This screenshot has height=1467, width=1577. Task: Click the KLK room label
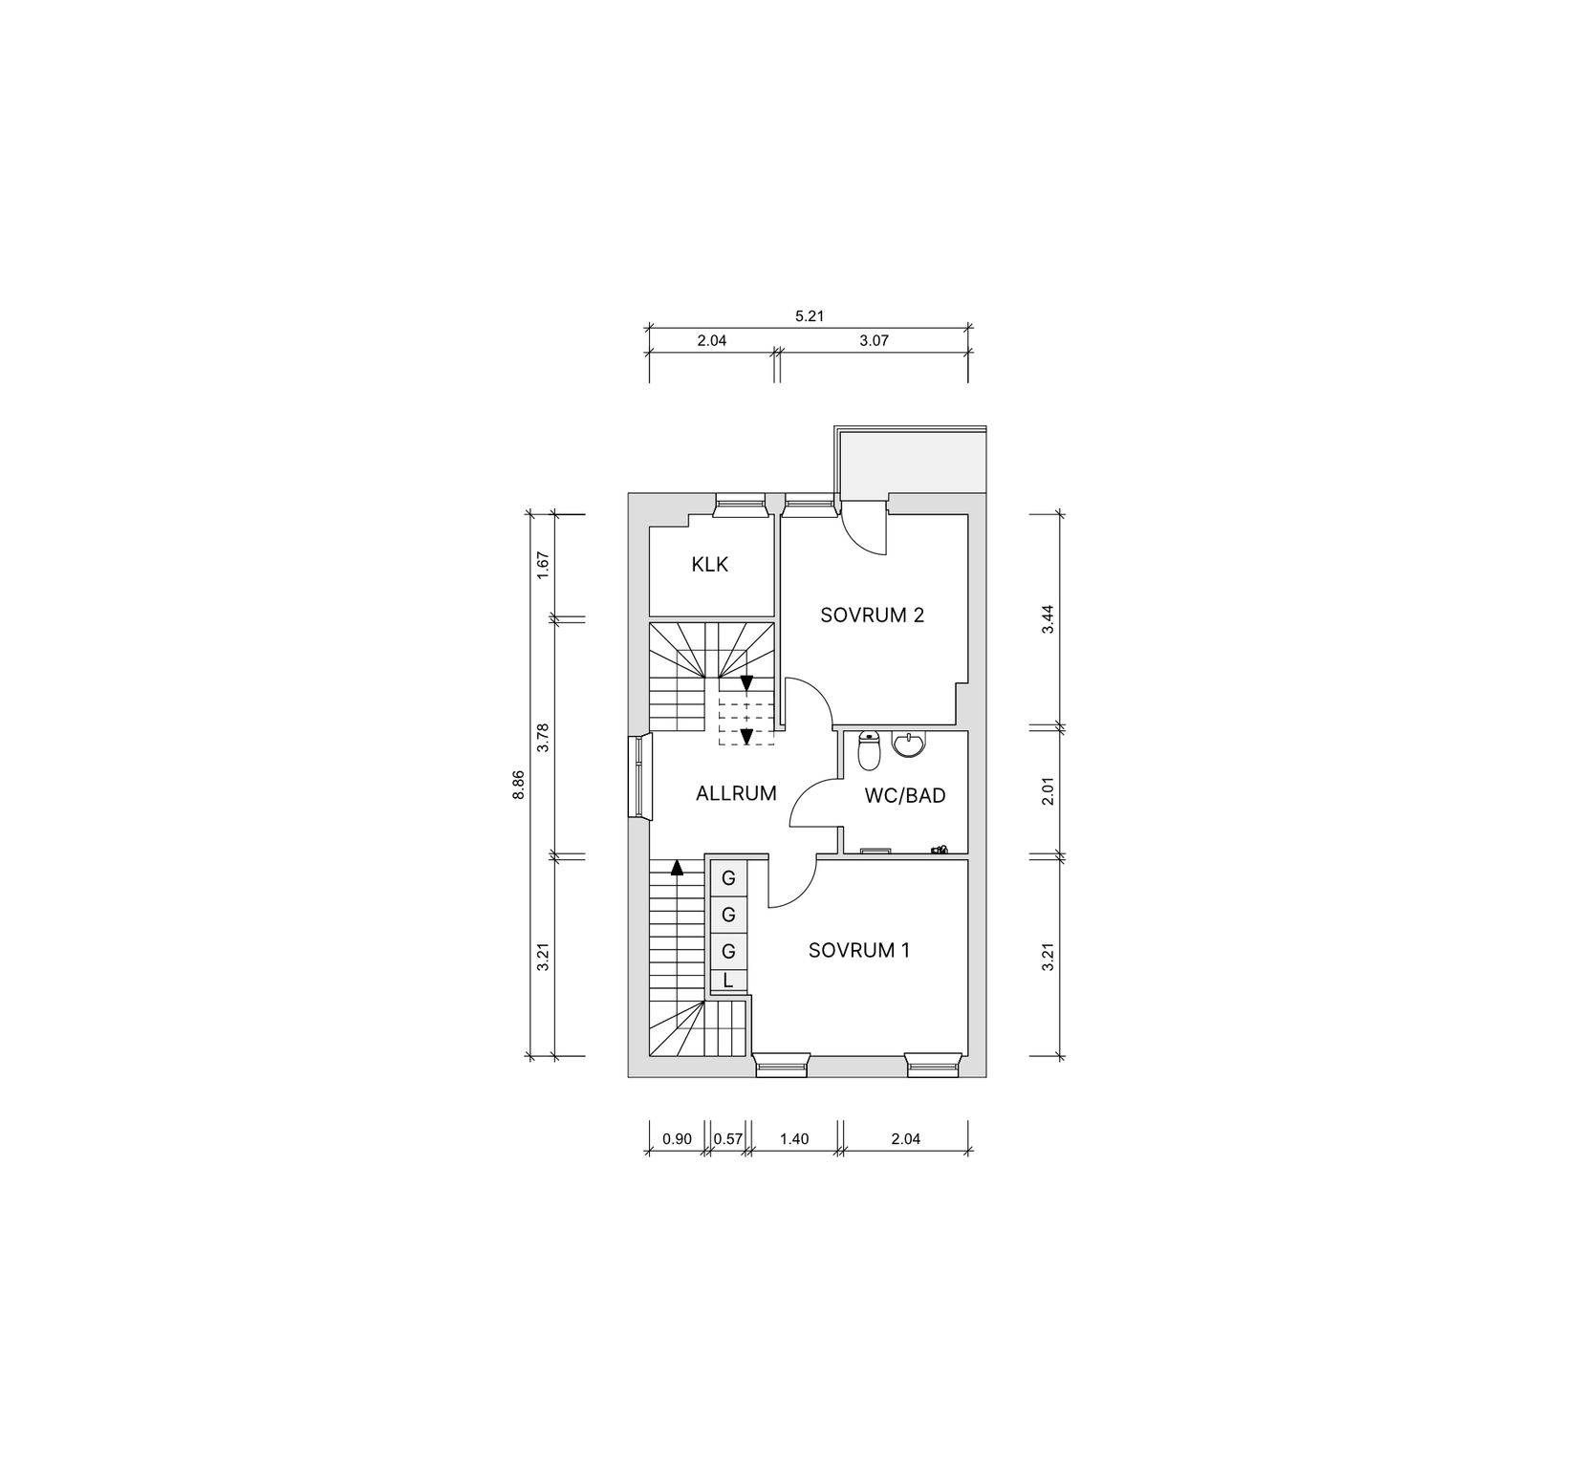coord(709,565)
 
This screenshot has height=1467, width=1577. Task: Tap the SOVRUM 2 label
coord(872,615)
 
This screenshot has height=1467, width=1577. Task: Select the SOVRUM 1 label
coord(858,950)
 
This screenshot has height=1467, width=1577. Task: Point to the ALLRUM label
coord(736,793)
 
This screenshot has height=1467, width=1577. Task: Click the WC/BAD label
coord(904,794)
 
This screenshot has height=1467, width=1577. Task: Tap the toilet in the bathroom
coord(869,752)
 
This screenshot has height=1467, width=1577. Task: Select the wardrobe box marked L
coord(728,980)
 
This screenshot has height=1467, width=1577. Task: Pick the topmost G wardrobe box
coord(728,878)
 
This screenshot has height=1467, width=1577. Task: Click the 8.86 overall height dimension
coord(518,784)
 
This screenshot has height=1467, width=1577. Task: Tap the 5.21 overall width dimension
coord(809,314)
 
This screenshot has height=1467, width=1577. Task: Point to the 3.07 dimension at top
coord(874,339)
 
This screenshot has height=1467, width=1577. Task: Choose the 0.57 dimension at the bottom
coord(728,1138)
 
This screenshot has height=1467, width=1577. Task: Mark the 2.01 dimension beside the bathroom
coord(1048,792)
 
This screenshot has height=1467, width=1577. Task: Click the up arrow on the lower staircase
coord(677,868)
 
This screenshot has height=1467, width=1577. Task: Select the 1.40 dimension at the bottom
coord(794,1138)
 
